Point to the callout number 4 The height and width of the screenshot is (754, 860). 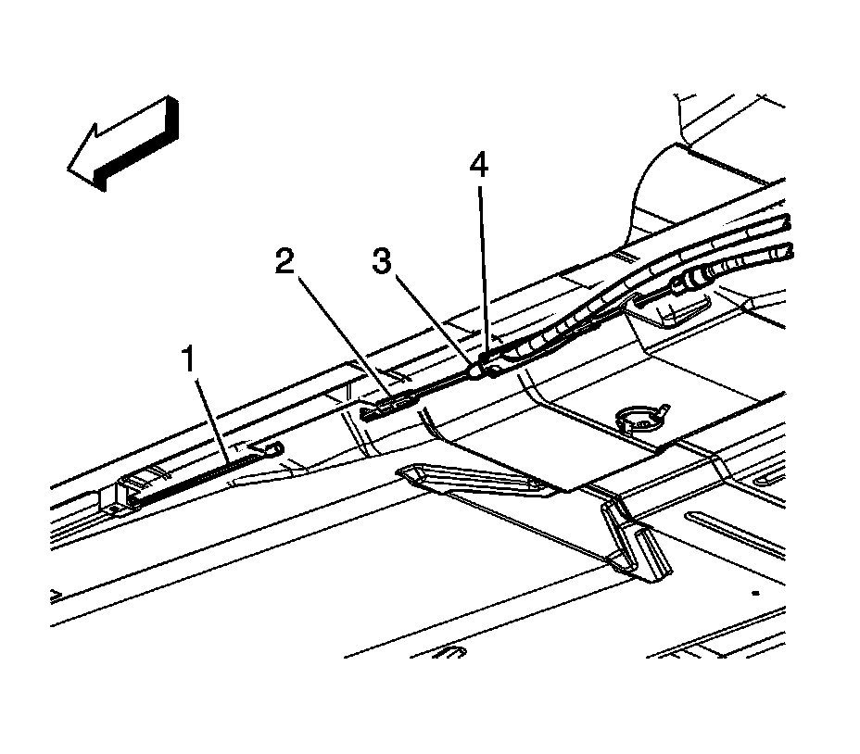pyautogui.click(x=478, y=168)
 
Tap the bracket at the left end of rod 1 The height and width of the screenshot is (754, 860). pyautogui.click(x=119, y=496)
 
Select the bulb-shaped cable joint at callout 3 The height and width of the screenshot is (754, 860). pyautogui.click(x=474, y=371)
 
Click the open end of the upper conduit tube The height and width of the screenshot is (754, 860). pyautogui.click(x=787, y=222)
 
